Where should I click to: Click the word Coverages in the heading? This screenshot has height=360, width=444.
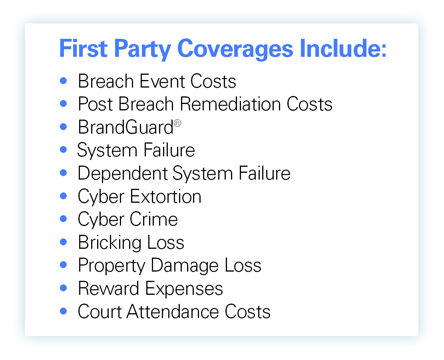point(235,49)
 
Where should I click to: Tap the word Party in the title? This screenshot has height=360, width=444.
point(142,49)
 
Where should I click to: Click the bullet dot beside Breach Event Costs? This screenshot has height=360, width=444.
point(64,81)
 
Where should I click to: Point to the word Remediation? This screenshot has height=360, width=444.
point(230,104)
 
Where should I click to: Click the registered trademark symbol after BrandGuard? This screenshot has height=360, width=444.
point(177,123)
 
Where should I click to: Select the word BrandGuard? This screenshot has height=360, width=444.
point(126,127)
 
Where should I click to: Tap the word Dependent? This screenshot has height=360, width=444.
point(123,174)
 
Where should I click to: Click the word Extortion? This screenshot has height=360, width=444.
point(165,196)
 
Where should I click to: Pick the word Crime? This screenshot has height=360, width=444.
point(154,219)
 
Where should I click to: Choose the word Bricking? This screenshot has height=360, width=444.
point(110,243)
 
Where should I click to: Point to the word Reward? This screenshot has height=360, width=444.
point(108,288)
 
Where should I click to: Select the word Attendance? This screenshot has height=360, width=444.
point(173,312)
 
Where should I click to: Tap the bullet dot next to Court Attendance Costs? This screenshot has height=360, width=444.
point(64,311)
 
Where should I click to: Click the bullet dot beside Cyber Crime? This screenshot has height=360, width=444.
point(64,219)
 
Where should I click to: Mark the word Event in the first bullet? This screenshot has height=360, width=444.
point(162,81)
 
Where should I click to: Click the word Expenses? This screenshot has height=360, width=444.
point(184,289)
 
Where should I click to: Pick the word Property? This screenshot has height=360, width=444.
point(111,266)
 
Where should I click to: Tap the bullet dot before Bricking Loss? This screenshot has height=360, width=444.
point(64,242)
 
